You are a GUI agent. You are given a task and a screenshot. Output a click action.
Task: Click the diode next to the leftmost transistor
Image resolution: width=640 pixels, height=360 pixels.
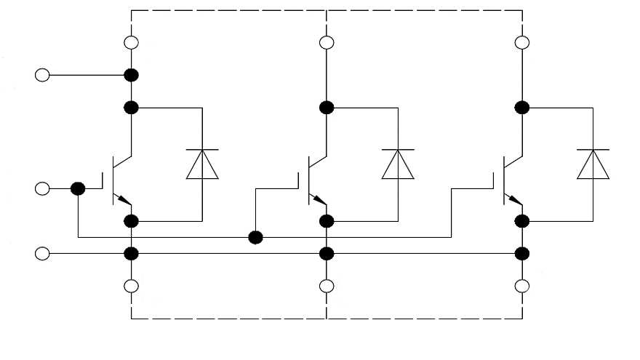pyautogui.click(x=201, y=164)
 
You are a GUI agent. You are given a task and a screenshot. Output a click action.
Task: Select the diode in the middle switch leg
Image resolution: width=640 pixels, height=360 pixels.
pyautogui.click(x=398, y=164)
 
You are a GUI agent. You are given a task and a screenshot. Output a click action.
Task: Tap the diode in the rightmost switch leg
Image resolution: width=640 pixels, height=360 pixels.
pyautogui.click(x=593, y=164)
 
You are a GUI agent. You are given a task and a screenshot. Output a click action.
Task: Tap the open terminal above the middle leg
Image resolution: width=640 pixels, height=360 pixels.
pyautogui.click(x=327, y=42)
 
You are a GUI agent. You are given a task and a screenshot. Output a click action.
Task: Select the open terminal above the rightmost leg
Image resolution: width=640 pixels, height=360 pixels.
pyautogui.click(x=521, y=42)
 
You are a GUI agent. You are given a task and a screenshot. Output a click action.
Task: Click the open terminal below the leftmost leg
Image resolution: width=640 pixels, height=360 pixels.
pyautogui.click(x=132, y=286)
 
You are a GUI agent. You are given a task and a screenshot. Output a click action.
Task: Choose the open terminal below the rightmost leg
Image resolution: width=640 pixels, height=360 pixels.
pyautogui.click(x=521, y=286)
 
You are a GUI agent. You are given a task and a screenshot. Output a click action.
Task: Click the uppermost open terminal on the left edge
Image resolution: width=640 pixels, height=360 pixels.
pyautogui.click(x=43, y=75)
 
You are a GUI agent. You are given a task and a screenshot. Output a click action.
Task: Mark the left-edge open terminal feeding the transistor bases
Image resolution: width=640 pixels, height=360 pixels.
pyautogui.click(x=43, y=189)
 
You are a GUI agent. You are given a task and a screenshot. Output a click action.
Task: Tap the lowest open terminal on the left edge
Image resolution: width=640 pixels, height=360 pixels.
pyautogui.click(x=43, y=253)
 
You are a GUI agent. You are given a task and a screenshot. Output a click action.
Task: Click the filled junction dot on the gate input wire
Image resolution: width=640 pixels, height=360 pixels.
pyautogui.click(x=78, y=189)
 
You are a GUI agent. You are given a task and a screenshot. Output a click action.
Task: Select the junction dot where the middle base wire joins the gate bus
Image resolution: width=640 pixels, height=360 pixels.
pyautogui.click(x=255, y=237)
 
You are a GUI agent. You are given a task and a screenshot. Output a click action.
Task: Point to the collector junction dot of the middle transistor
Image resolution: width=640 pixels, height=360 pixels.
pyautogui.click(x=327, y=108)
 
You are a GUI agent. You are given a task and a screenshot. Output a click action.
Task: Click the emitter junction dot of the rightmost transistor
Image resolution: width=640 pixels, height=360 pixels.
pyautogui.click(x=521, y=220)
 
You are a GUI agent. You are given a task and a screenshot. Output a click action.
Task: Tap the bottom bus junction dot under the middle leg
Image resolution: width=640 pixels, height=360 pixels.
pyautogui.click(x=327, y=253)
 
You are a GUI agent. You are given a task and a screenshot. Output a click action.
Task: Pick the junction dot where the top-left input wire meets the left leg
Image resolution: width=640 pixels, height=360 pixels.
pyautogui.click(x=132, y=75)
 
